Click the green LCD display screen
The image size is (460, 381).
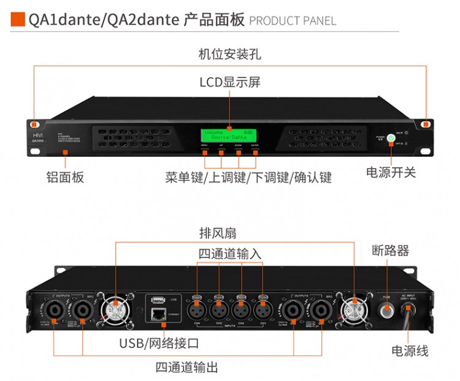tap(229, 135)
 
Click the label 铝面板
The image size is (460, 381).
tap(66, 178)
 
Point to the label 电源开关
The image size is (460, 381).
tap(391, 173)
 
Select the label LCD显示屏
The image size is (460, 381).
tap(230, 82)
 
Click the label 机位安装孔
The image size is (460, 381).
tap(230, 54)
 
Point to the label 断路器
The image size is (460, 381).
tap(391, 251)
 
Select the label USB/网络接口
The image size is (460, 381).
tap(159, 342)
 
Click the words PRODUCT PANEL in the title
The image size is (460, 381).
tap(293, 21)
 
